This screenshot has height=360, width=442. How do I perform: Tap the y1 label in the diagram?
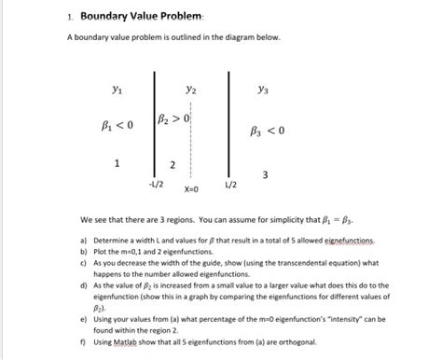coord(116,91)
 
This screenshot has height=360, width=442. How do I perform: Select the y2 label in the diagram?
coord(190,90)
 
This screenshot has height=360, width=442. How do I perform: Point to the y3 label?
coord(268,91)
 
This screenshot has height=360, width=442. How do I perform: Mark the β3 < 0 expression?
coord(269,131)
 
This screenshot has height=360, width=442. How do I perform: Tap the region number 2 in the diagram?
coord(173,166)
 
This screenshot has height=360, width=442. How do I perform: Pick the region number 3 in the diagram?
coord(268,175)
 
